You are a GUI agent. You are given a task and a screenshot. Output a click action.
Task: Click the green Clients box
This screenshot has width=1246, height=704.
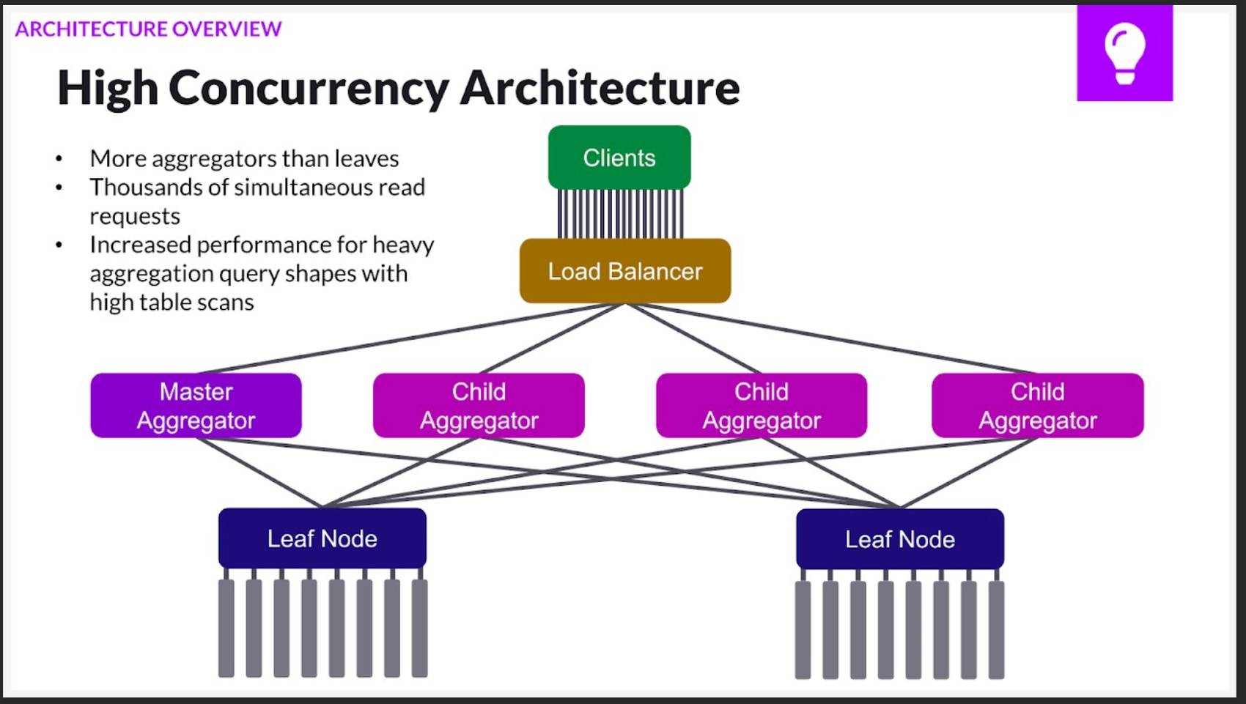(x=619, y=158)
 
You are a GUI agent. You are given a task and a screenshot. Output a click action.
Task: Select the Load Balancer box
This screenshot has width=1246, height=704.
(x=625, y=271)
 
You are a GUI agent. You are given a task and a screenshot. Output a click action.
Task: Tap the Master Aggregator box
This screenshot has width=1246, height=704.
(x=196, y=406)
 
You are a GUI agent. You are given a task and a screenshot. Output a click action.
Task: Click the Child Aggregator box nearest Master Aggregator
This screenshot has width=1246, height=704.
(x=479, y=406)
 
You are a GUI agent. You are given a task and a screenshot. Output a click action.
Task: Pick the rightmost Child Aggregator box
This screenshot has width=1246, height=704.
(x=1037, y=406)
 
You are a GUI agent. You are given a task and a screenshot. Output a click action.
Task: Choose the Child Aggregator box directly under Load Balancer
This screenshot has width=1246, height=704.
(x=762, y=406)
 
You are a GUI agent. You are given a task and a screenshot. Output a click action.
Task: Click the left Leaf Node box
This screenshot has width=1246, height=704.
(x=322, y=538)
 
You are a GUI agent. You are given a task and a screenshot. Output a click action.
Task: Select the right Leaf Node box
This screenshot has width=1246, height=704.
(x=900, y=539)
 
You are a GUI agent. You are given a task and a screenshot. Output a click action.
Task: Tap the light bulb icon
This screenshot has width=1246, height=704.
(x=1124, y=53)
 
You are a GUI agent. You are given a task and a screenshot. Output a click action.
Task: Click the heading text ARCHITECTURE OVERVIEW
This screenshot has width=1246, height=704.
(x=148, y=29)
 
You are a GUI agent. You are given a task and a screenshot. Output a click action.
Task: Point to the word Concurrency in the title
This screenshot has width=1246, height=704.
(x=308, y=88)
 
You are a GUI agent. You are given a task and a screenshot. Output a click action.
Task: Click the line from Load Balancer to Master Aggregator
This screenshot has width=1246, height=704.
(x=410, y=339)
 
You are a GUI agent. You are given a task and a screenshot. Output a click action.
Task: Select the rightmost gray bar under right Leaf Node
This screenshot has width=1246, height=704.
(x=996, y=629)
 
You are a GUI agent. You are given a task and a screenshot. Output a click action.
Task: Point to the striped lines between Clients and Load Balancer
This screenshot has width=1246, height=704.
(x=620, y=213)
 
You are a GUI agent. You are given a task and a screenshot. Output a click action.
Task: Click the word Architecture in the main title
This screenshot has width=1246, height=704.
(x=600, y=88)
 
